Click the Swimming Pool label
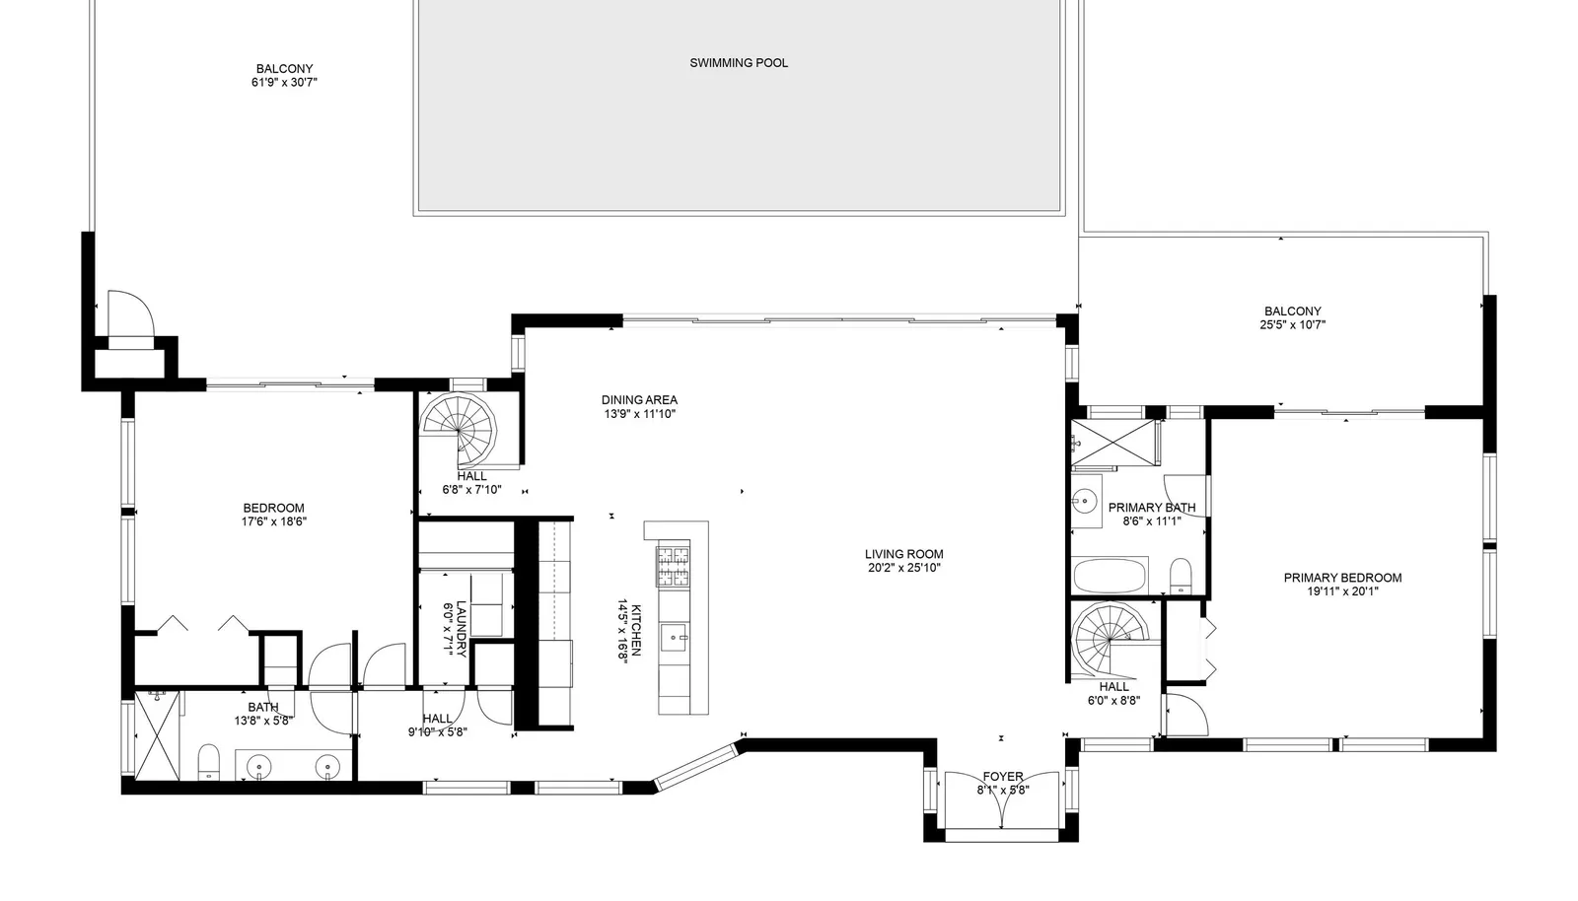(739, 63)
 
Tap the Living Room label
(903, 554)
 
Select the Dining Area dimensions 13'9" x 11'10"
(640, 414)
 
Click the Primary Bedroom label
(1342, 578)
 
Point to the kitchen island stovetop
(673, 567)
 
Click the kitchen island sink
(674, 637)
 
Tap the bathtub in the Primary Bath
(1111, 576)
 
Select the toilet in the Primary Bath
(1181, 577)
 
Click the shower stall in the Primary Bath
(1114, 444)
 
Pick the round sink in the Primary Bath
(1084, 501)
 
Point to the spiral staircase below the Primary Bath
(1110, 641)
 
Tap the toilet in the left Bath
(209, 763)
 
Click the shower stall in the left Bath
(157, 735)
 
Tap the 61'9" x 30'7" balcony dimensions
(285, 83)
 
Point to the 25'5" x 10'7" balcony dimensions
(1293, 324)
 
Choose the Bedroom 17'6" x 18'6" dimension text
(274, 521)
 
